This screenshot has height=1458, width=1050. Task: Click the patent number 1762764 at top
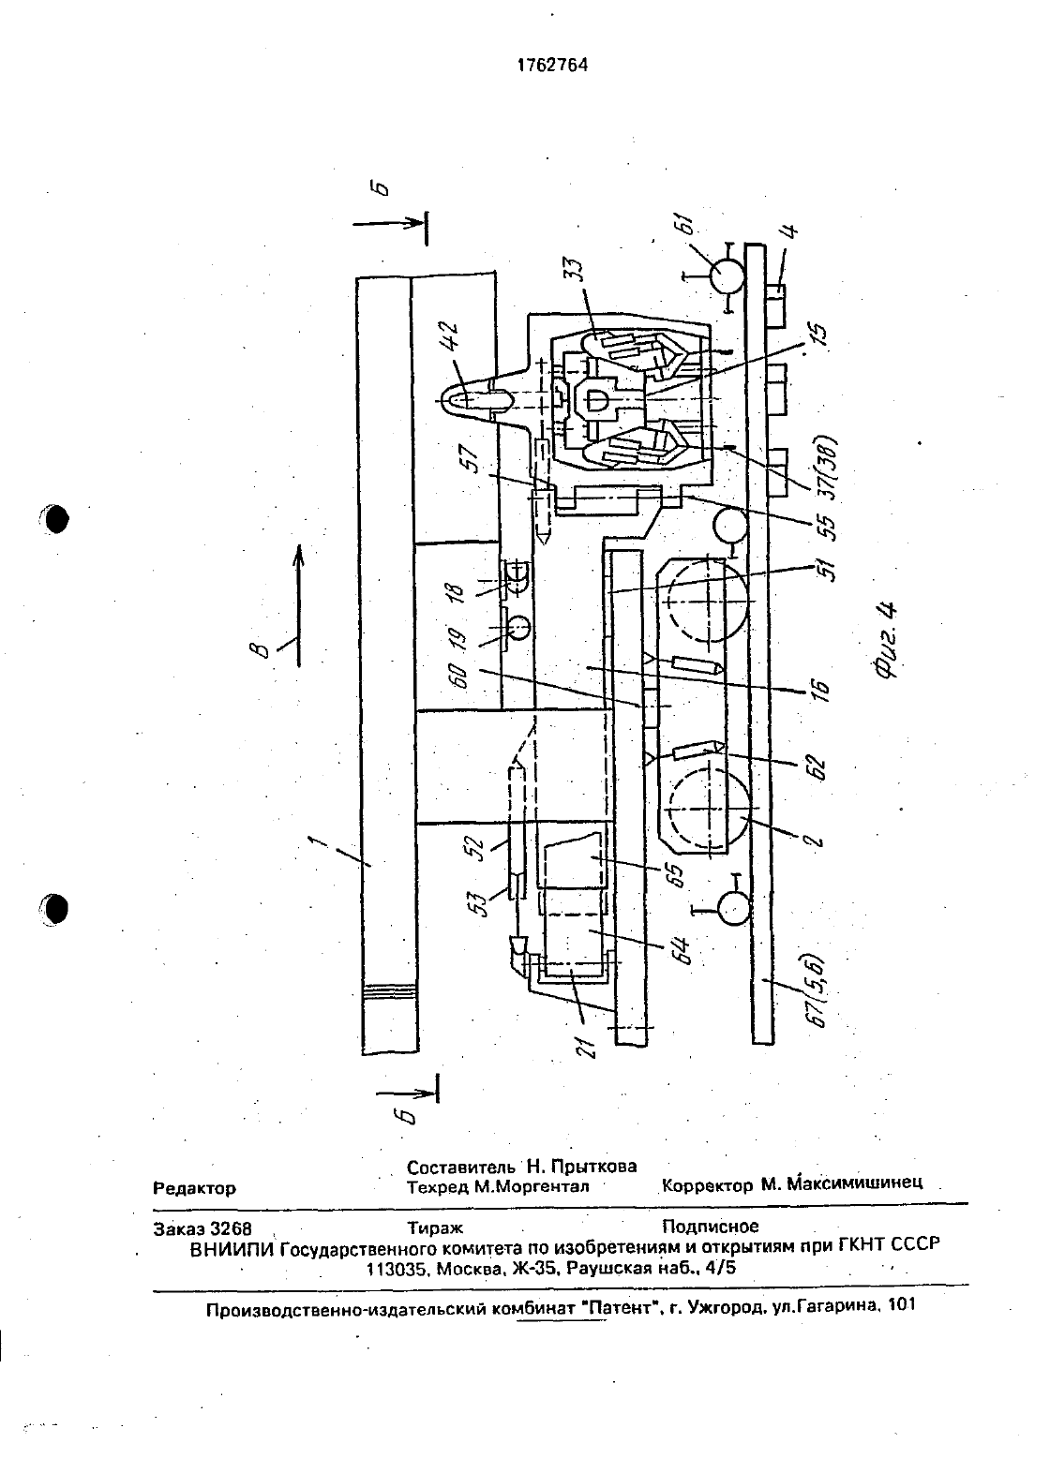coord(552,65)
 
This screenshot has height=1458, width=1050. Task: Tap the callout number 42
coord(450,337)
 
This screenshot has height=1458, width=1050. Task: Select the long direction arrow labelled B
coord(298,605)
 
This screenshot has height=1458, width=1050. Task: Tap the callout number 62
coord(818,767)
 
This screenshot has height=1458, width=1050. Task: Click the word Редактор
coord(194,1188)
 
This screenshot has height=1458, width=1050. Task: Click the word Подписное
coord(710,1227)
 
